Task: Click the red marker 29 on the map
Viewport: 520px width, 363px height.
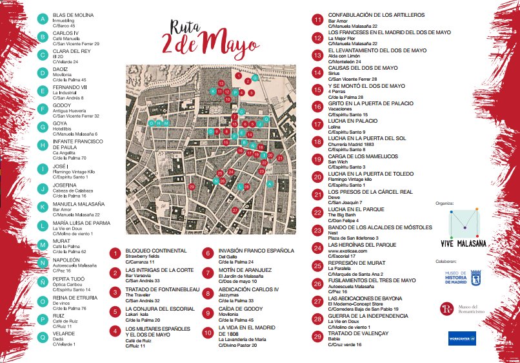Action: [192, 187]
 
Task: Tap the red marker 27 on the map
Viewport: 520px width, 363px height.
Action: [235, 211]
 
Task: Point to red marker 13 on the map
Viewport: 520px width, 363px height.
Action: [221, 84]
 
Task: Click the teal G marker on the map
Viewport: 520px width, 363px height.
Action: [255, 78]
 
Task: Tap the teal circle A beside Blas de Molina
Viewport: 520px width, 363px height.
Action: [43, 19]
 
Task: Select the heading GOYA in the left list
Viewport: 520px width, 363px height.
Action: [61, 122]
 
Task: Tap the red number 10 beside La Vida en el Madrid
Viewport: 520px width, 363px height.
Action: [208, 334]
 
